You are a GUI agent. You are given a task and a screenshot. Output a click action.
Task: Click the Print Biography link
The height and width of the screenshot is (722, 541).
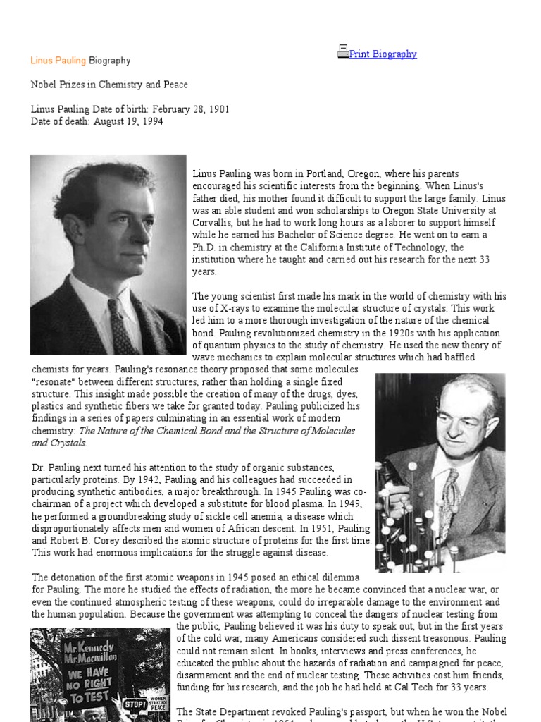pos(383,54)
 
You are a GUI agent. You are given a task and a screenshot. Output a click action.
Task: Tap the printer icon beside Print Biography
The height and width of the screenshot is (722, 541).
pos(343,51)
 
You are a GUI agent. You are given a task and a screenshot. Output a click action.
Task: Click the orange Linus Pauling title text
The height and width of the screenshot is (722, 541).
pos(58,61)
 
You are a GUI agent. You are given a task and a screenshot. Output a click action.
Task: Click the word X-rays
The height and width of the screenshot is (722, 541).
pos(227,308)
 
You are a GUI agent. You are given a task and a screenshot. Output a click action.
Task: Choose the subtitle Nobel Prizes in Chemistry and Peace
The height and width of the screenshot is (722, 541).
pos(109,85)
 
